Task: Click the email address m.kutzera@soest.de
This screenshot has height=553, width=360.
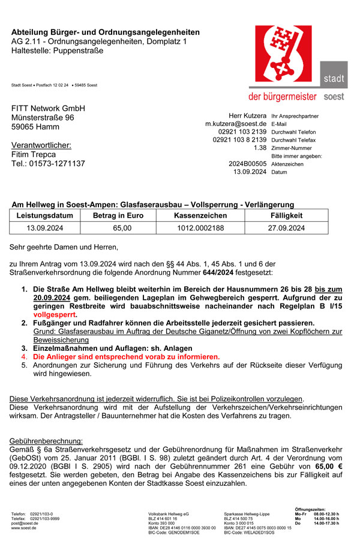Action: point(236,124)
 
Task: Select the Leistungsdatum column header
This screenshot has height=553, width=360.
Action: point(45,215)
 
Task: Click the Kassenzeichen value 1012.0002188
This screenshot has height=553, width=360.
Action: point(200,228)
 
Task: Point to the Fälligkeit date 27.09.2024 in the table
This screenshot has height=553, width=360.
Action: point(287,228)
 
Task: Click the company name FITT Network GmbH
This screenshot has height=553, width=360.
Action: point(49,108)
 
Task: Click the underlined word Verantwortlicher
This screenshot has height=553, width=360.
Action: point(41,145)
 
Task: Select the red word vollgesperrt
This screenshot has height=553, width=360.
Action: point(55,314)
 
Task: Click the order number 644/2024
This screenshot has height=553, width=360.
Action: point(217,273)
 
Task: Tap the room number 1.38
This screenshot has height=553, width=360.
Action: point(260,148)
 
